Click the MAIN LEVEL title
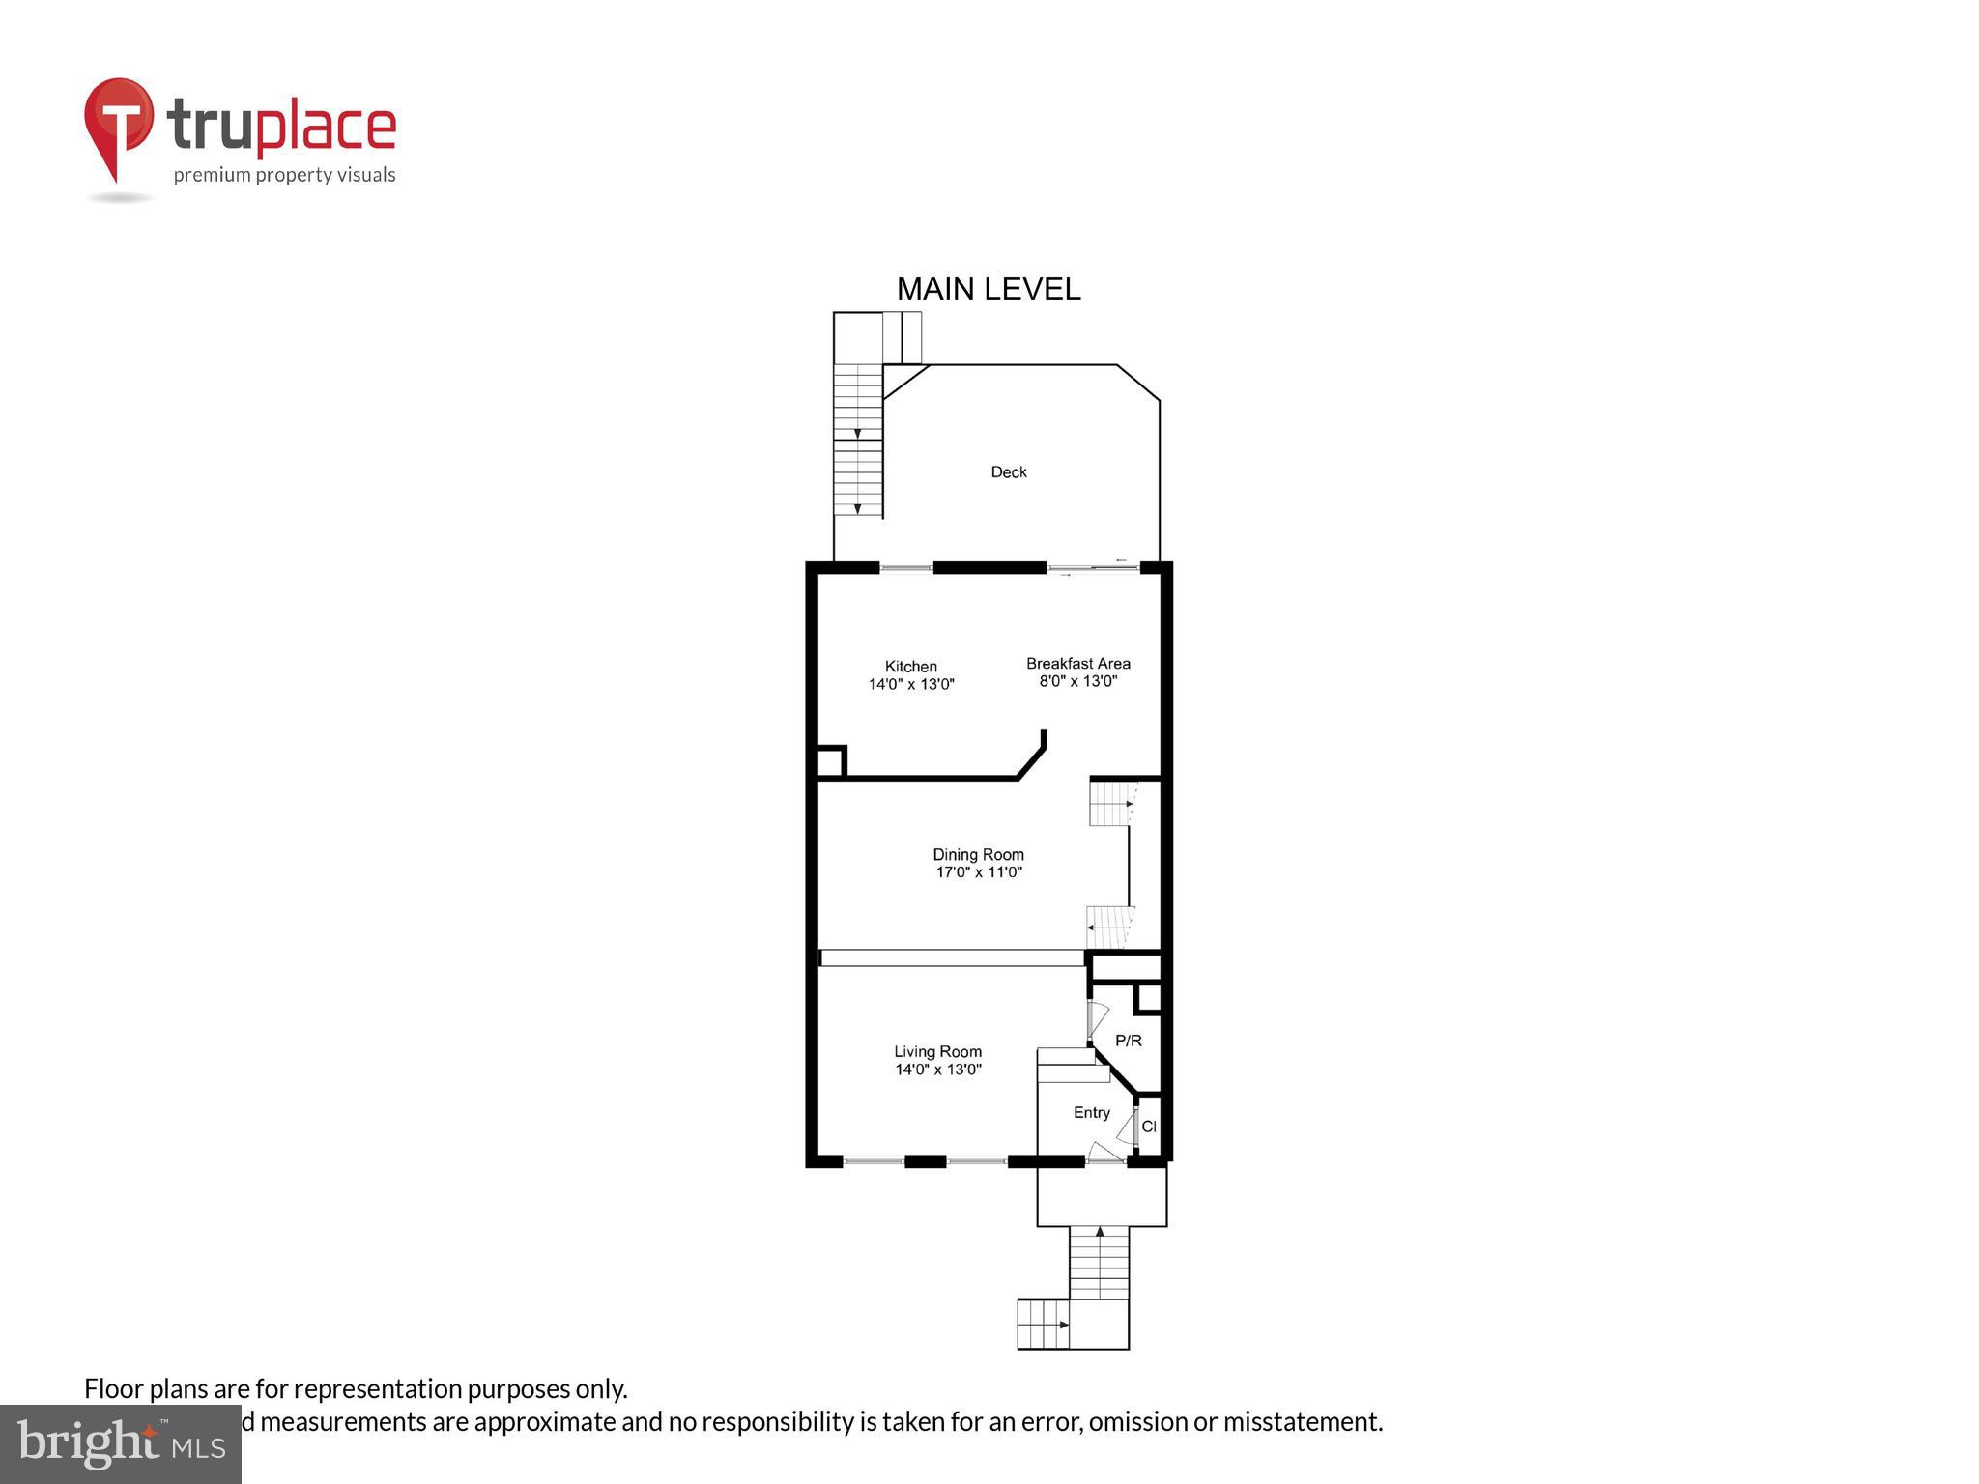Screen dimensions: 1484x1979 tap(988, 289)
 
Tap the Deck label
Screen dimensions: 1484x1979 tap(1008, 472)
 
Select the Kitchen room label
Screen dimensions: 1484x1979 tap(910, 667)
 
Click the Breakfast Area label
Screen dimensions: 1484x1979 tap(1077, 664)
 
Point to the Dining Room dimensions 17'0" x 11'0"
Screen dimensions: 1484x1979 tap(978, 872)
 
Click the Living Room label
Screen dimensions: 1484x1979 tap(937, 1052)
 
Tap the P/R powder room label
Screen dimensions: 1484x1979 tap(1128, 1041)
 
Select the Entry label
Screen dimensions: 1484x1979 tap(1091, 1113)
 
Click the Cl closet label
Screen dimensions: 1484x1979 tap(1148, 1127)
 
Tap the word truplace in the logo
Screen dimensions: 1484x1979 tap(281, 127)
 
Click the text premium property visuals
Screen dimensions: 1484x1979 tap(284, 175)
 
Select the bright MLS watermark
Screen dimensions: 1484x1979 tap(120, 1443)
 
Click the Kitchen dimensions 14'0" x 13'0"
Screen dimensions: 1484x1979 tap(910, 684)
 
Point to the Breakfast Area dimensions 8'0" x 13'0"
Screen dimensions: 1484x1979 tap(1077, 681)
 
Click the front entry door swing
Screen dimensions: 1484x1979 tap(1104, 1152)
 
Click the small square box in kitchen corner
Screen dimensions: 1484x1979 tap(830, 762)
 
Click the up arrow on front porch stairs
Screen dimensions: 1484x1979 tap(1099, 1233)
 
